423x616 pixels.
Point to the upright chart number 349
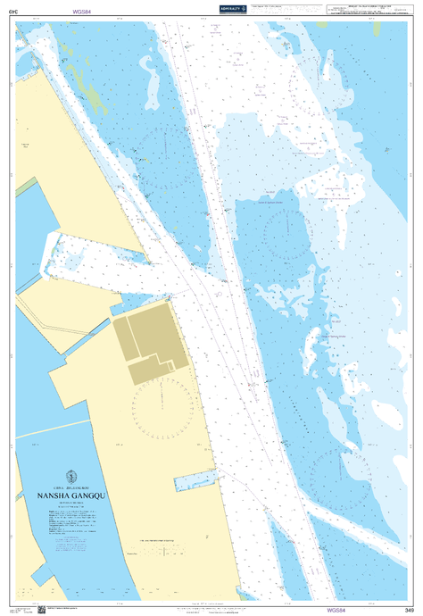tap(410, 609)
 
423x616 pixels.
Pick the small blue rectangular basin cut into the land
tap(196, 482)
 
